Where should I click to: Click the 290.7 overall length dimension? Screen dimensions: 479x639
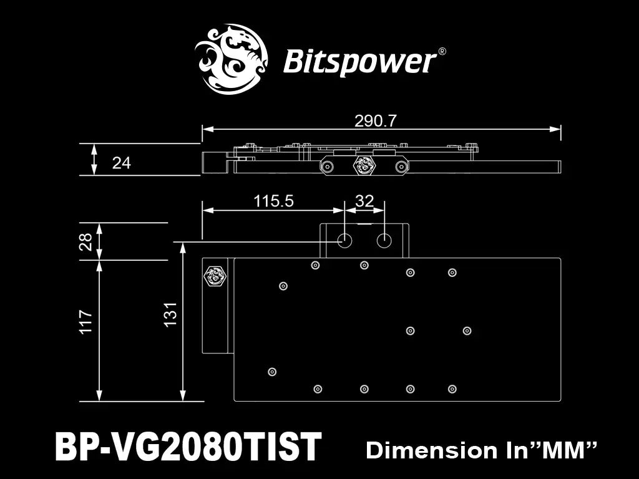point(376,120)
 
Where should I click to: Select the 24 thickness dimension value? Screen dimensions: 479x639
point(122,163)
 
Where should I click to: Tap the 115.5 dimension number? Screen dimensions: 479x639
point(273,201)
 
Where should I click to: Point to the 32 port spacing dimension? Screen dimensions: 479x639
point(364,201)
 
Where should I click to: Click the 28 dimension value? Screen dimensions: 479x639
point(86,241)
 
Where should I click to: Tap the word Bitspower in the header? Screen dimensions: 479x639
point(359,62)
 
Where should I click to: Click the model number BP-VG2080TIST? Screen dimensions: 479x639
point(188,447)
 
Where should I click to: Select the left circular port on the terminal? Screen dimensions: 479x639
point(345,241)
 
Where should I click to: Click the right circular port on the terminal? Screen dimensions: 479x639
point(385,241)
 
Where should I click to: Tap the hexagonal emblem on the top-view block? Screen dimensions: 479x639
point(215,274)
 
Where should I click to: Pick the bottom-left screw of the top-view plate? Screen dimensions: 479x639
point(271,372)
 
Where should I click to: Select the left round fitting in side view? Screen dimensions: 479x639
point(326,166)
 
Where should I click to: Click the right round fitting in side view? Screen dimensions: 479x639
point(400,166)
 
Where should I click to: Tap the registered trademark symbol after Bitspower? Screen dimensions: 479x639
point(442,52)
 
